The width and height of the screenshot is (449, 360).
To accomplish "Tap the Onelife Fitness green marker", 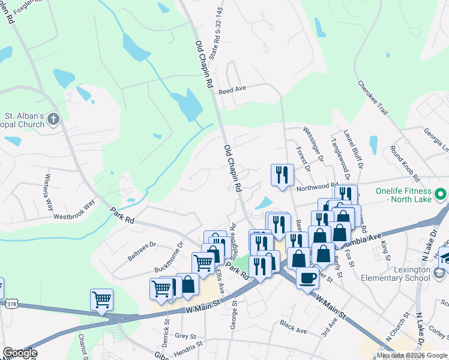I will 441,194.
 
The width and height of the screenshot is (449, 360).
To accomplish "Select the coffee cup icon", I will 308,279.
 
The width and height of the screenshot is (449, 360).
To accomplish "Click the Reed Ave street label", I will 233,89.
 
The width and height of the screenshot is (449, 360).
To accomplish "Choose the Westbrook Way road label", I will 74,211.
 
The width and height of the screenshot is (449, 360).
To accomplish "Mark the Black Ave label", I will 293,326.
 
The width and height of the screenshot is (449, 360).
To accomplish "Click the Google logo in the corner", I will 20,353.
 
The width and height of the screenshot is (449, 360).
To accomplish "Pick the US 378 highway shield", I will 11,305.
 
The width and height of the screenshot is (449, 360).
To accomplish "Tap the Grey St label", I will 185,337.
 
